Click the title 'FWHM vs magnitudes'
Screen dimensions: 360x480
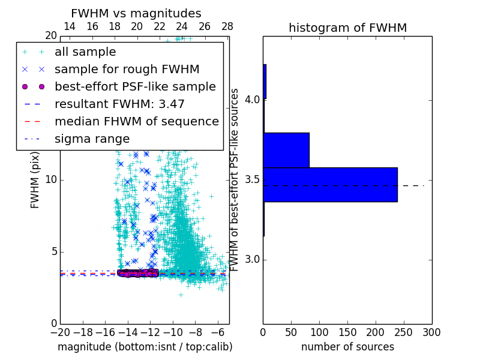136,13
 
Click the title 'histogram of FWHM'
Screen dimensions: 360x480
347,28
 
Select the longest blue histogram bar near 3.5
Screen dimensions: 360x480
330,184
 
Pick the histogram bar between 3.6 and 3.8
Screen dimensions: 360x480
286,150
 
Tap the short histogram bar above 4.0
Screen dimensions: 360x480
265,82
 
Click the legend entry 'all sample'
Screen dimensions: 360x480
85,52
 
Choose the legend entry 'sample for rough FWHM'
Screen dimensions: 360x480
127,70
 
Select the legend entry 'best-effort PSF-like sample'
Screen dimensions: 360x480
135,87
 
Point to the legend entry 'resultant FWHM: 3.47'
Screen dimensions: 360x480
119,104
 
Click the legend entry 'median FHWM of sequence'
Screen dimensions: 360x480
136,122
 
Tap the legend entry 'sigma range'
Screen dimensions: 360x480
92,139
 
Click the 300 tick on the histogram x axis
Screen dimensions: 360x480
431,332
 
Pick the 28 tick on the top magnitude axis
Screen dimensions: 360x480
227,27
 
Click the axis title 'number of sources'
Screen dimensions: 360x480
347,347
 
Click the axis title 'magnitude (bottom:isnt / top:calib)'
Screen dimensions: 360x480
145,347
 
